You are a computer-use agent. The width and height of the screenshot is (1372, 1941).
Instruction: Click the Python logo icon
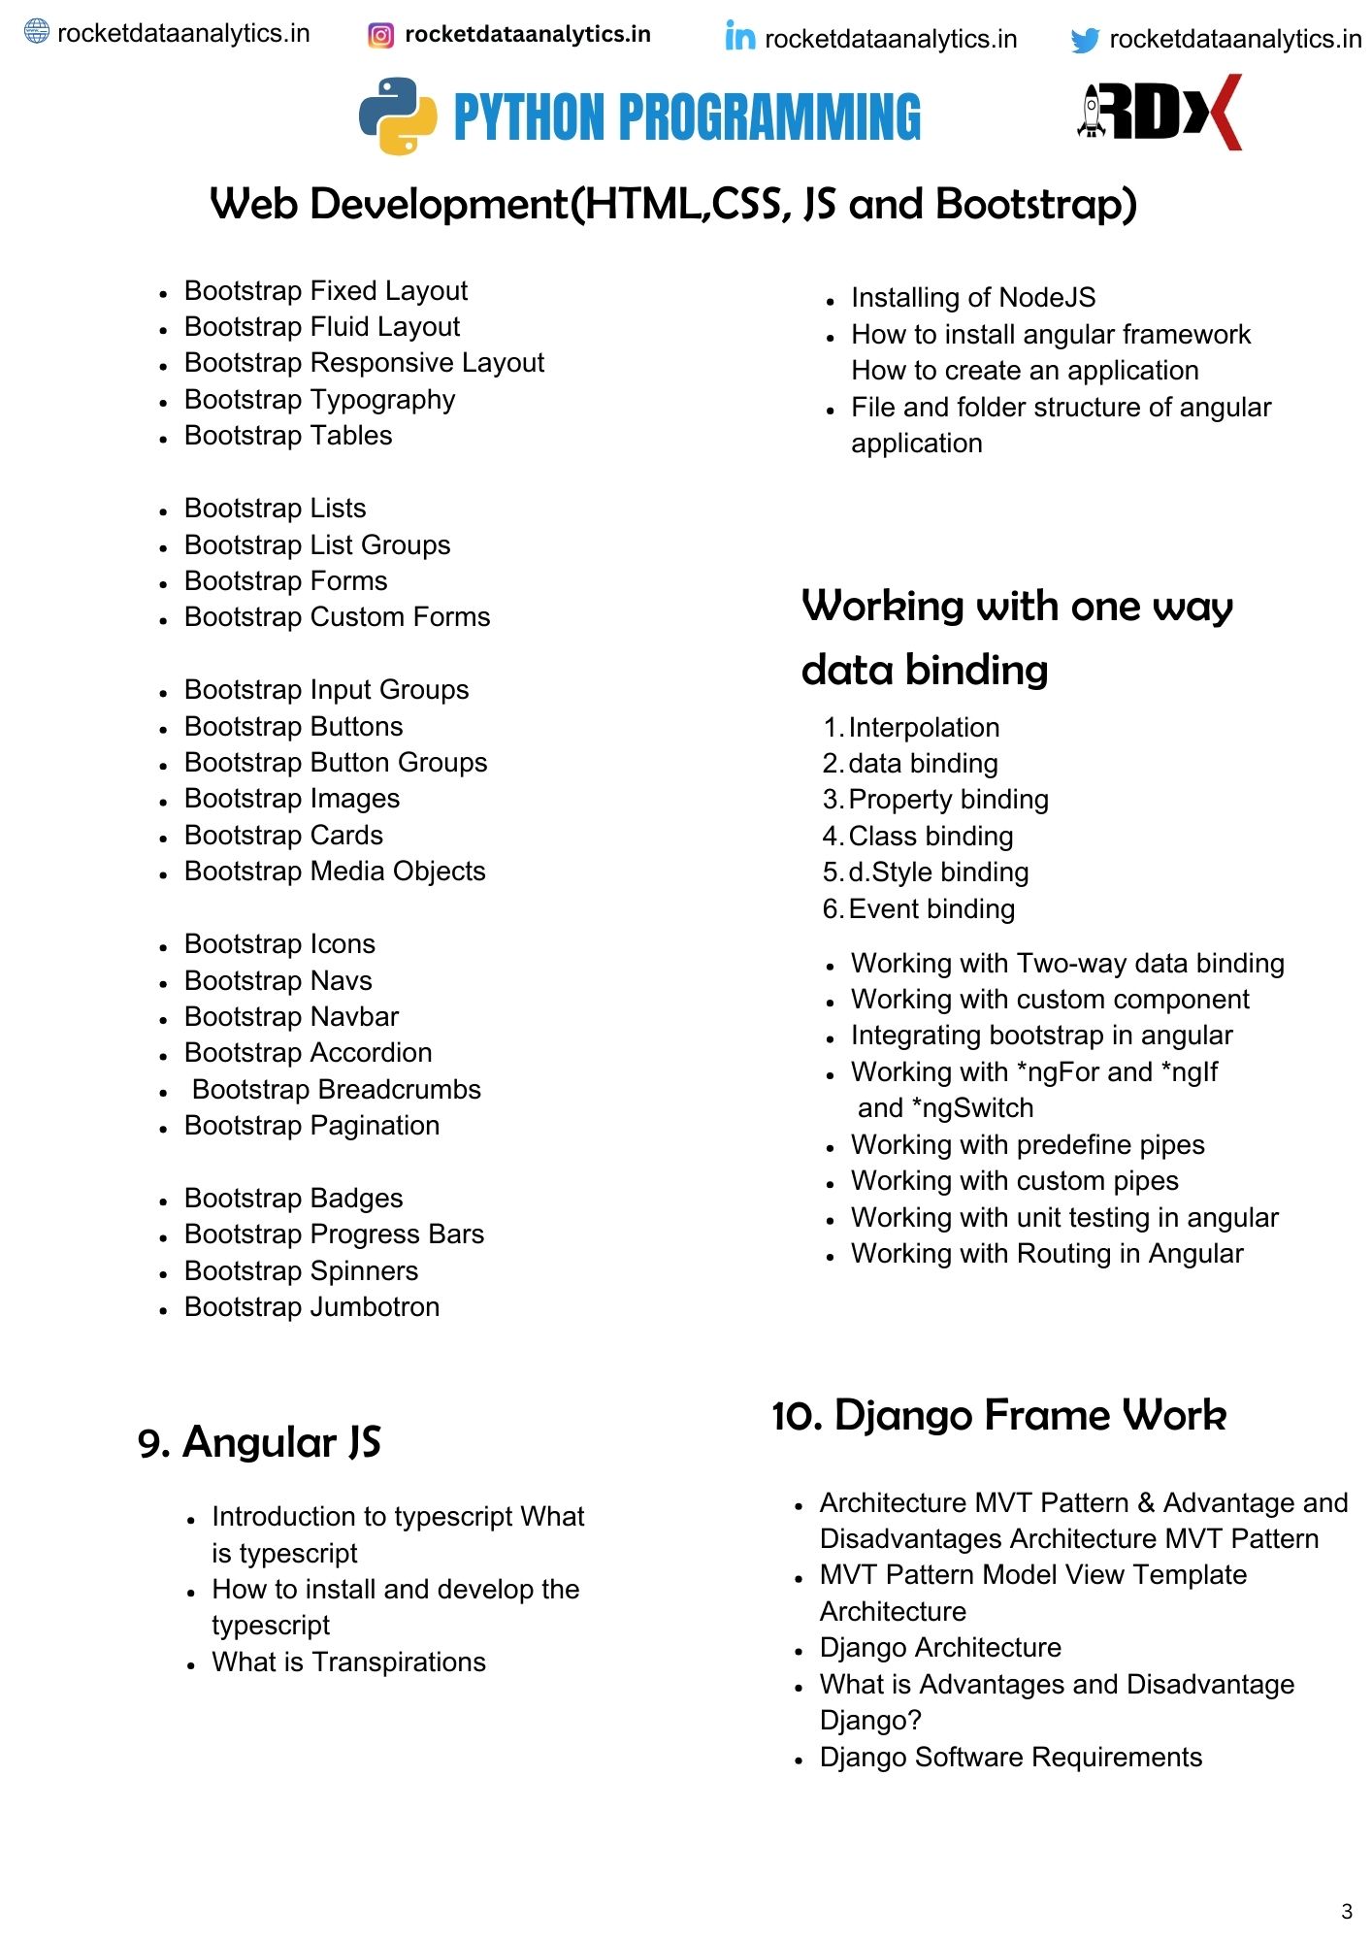[398, 115]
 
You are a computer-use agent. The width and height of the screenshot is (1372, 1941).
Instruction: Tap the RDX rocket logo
[1159, 113]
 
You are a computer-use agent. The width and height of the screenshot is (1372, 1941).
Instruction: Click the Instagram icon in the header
[381, 36]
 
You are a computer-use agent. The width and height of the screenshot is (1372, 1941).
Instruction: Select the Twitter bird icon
[1085, 40]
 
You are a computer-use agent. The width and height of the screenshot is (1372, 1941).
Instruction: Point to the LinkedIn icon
[739, 37]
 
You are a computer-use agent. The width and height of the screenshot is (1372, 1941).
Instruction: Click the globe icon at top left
[37, 32]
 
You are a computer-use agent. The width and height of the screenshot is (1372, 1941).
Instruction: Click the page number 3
[1346, 1911]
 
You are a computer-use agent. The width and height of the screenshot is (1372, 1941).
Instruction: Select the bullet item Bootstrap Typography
[319, 399]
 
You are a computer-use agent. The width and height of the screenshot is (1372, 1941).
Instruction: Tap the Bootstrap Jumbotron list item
[311, 1306]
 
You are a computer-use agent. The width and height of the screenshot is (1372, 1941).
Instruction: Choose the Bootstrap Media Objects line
[335, 871]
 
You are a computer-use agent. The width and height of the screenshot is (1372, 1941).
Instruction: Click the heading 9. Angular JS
[259, 1442]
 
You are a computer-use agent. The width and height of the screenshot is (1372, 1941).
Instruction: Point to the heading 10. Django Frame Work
[998, 1415]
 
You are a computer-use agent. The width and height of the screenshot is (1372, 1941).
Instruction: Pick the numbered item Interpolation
[923, 727]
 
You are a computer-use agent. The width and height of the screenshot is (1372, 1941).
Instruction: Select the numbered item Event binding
[931, 908]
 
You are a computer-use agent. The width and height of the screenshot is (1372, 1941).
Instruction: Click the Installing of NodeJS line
[972, 297]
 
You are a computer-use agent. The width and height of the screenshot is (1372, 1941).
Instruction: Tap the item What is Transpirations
[348, 1661]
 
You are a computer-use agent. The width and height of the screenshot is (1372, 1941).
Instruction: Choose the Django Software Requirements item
[1010, 1757]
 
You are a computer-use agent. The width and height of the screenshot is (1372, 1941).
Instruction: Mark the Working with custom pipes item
[1014, 1180]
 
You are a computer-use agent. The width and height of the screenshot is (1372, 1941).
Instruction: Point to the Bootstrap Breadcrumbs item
[336, 1089]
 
